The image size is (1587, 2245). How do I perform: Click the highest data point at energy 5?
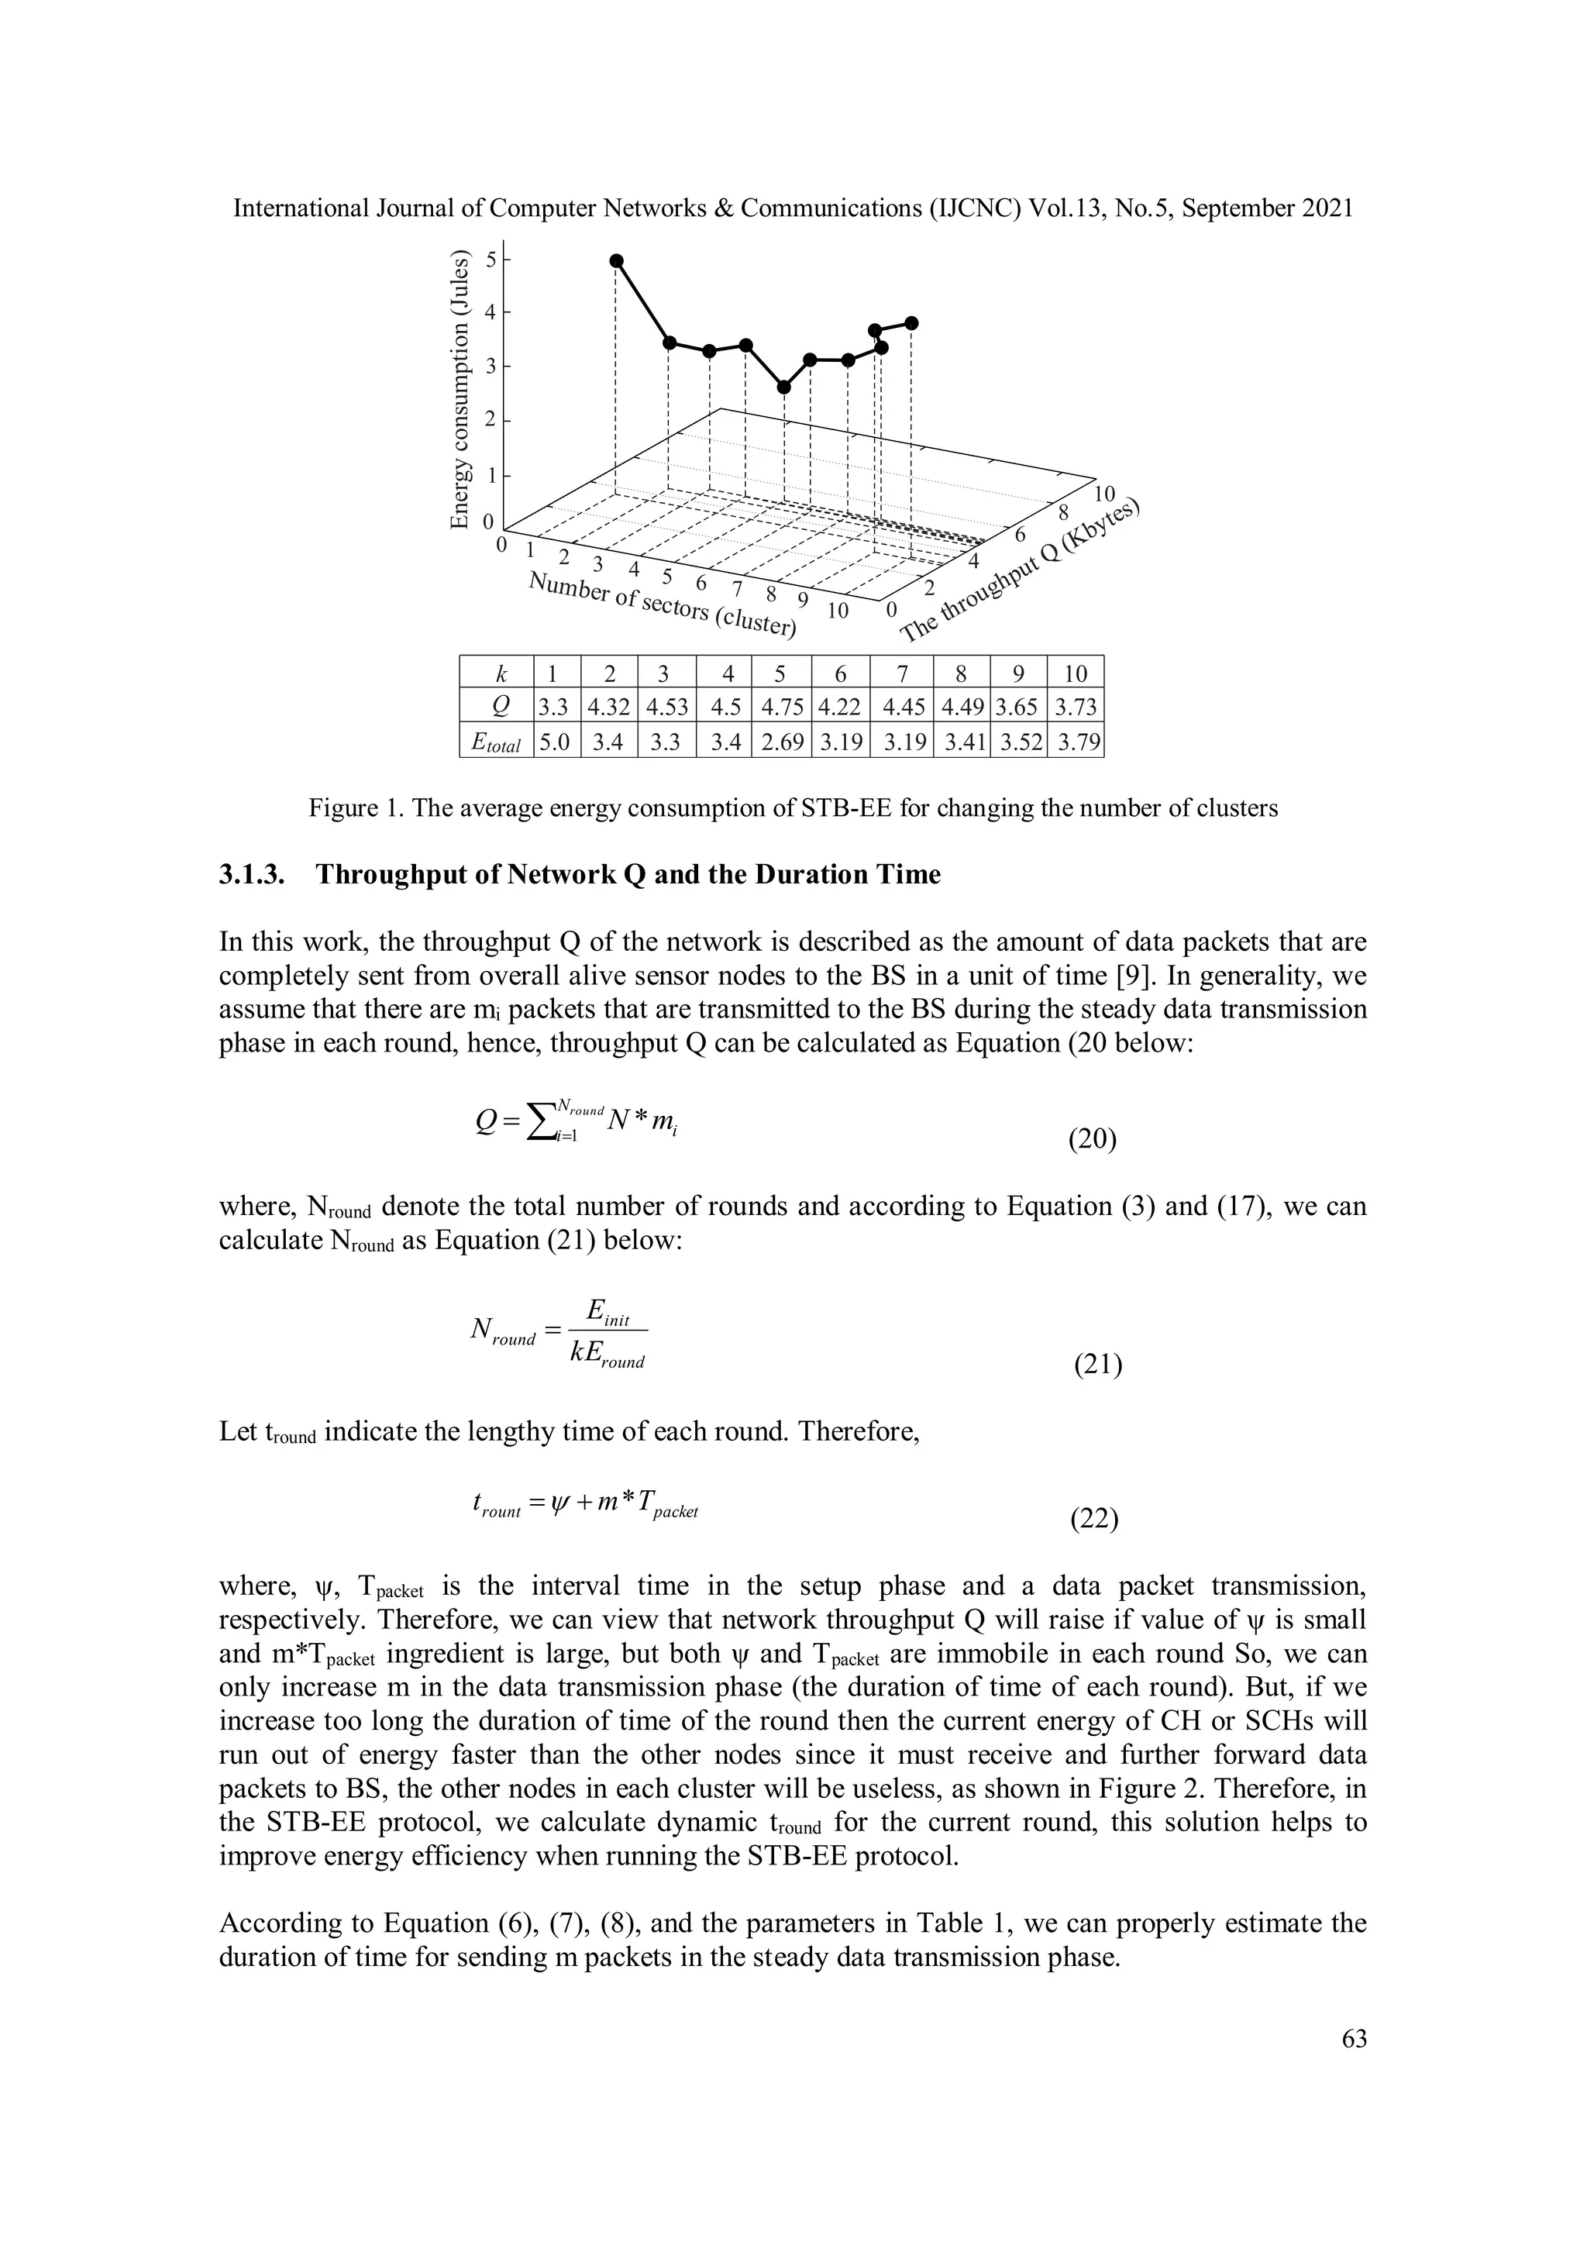[616, 260]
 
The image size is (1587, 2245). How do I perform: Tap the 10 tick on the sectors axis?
[837, 611]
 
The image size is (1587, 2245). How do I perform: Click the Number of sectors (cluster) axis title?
[662, 605]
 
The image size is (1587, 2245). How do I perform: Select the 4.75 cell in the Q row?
[780, 707]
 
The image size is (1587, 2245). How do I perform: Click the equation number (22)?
[1094, 1520]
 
